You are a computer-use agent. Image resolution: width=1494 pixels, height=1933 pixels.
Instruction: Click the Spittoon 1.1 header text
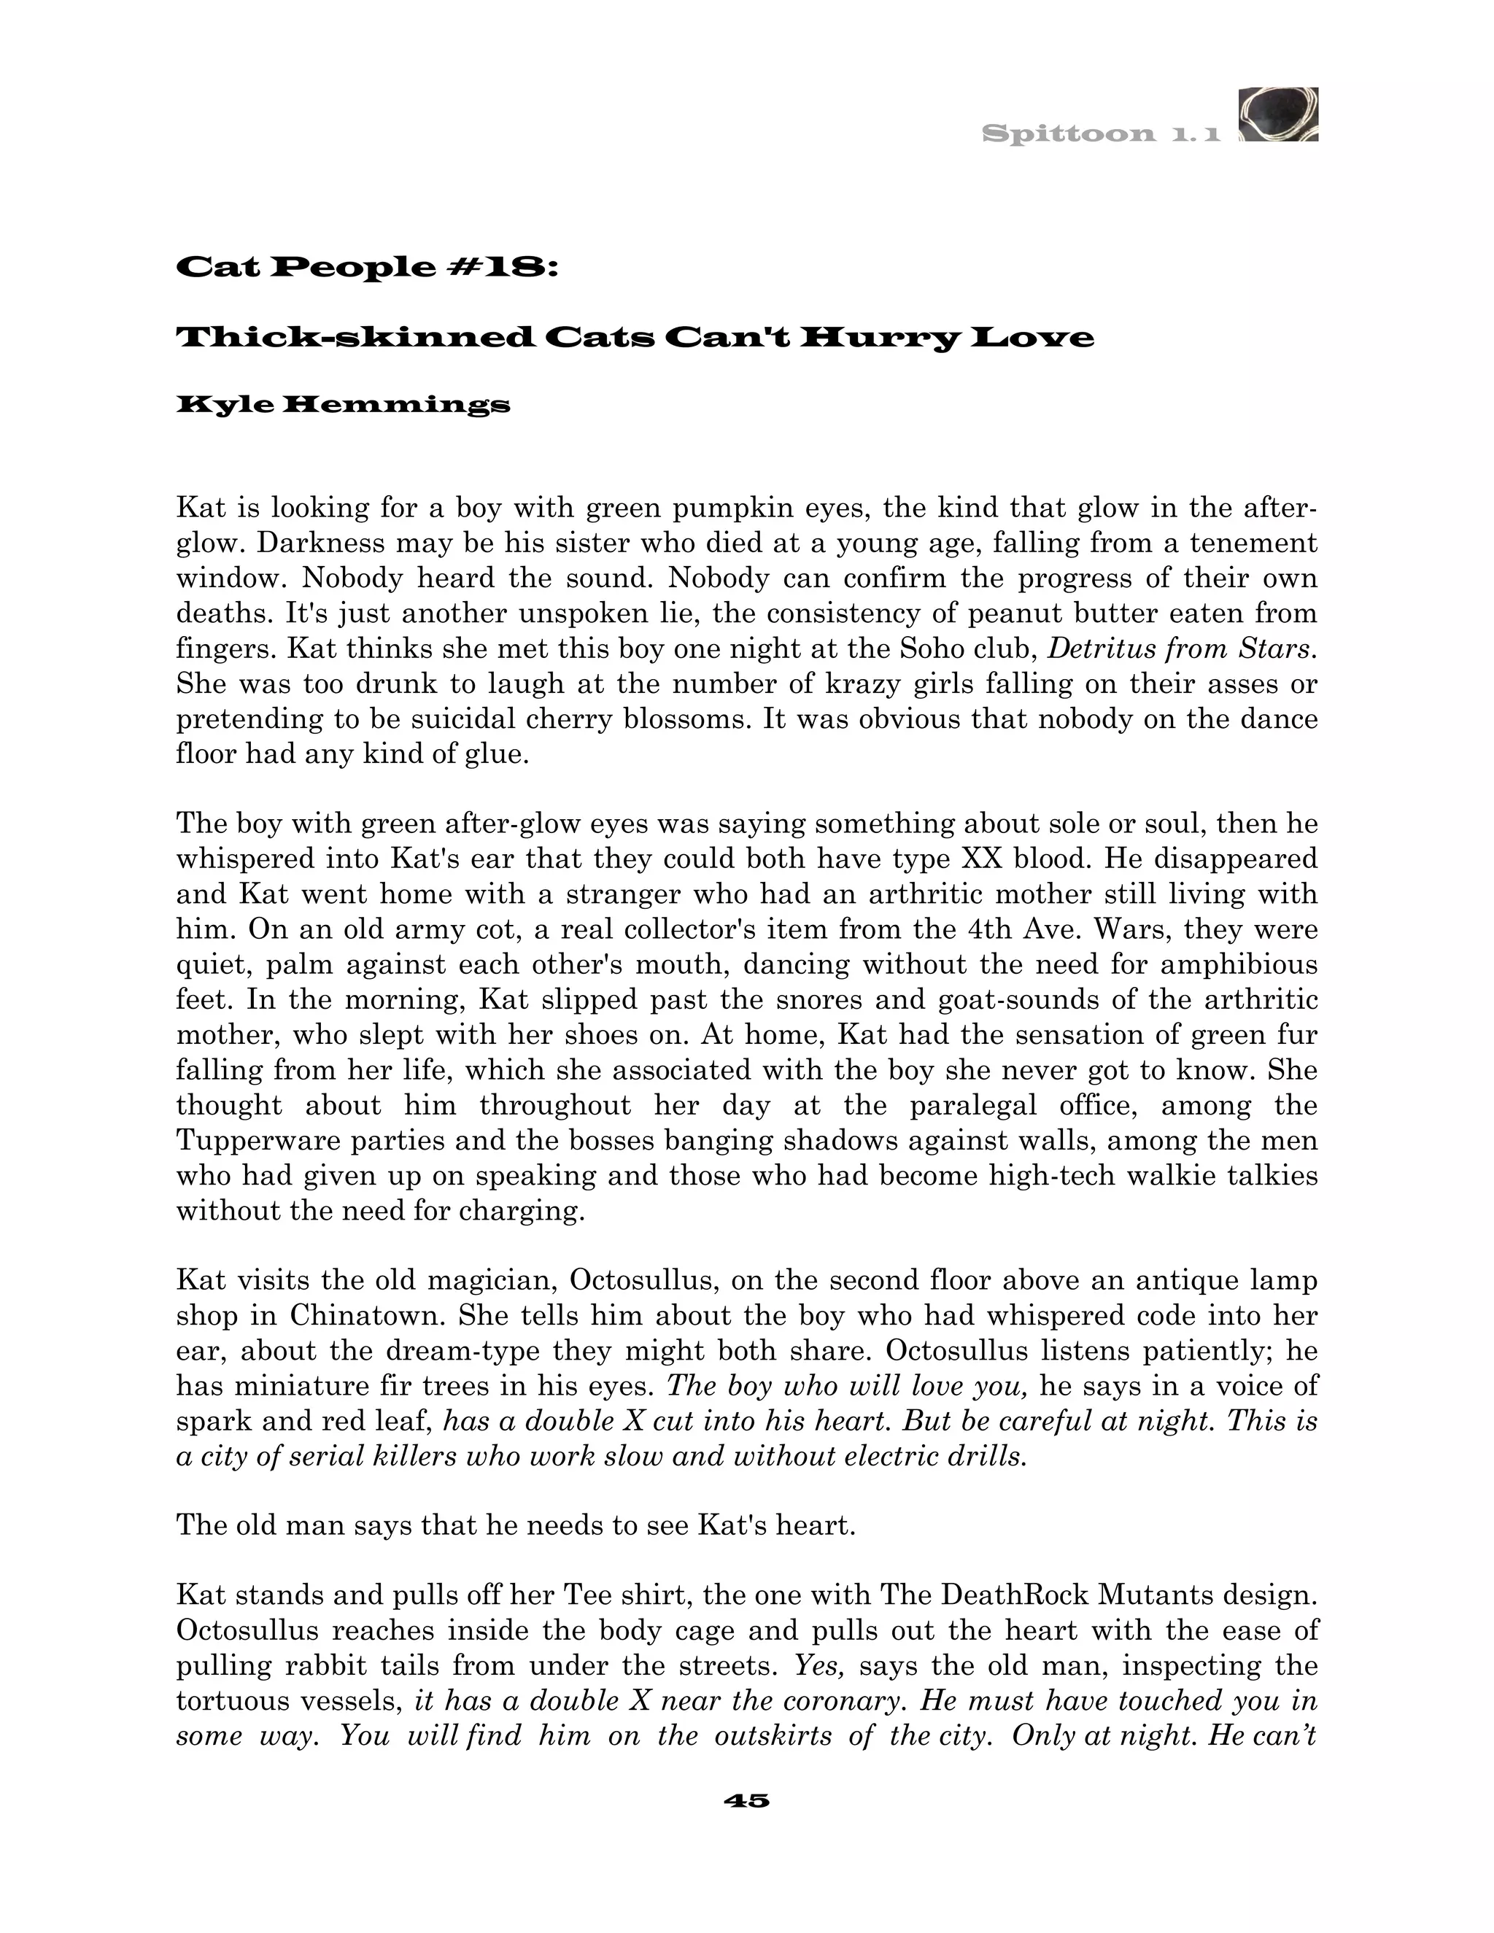pyautogui.click(x=1101, y=134)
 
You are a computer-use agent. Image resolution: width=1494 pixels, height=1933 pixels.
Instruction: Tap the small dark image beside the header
pyautogui.click(x=1278, y=115)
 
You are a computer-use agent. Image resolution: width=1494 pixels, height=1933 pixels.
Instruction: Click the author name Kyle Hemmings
pyautogui.click(x=344, y=406)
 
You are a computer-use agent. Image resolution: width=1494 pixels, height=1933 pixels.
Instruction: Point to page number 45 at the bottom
pyautogui.click(x=746, y=1800)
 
